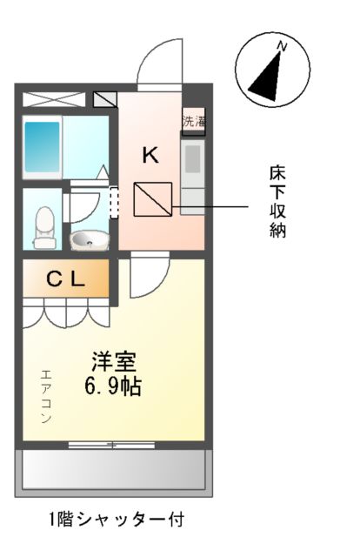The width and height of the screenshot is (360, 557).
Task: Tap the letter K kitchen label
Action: click(x=150, y=156)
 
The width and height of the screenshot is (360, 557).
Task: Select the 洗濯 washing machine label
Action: click(x=192, y=121)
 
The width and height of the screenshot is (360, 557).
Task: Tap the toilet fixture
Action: click(x=42, y=228)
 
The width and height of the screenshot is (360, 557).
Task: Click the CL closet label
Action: click(x=65, y=279)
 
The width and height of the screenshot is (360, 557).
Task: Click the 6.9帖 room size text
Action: click(x=114, y=384)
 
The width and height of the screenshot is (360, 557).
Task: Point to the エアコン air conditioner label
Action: click(x=45, y=397)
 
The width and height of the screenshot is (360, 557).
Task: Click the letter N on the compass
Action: click(x=281, y=43)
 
